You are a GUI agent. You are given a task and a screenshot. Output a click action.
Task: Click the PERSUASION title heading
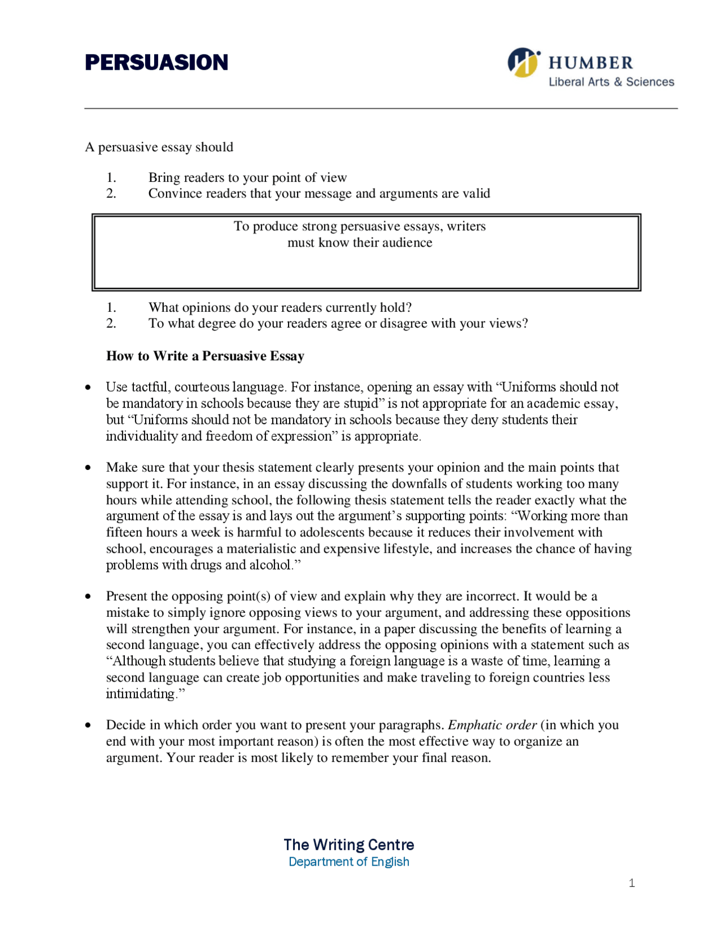156,62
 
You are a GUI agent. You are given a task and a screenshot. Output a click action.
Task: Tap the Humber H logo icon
523,62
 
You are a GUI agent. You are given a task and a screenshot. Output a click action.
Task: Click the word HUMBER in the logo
591,62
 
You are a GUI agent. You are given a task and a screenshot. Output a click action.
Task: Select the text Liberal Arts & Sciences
611,82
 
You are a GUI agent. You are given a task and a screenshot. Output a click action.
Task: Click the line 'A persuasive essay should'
159,147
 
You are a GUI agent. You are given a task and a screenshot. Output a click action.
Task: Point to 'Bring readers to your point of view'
247,177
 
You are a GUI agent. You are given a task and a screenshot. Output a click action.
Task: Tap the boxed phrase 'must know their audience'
360,243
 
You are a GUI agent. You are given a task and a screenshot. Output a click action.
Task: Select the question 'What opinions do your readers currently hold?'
280,307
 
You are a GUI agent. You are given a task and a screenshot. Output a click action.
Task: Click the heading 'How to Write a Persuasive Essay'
205,356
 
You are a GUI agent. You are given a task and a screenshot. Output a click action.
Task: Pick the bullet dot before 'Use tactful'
88,387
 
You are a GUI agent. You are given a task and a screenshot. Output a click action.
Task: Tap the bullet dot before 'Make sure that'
88,468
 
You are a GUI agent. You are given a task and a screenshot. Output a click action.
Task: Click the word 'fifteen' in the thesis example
124,532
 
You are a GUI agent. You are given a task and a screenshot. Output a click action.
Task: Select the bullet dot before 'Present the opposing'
88,597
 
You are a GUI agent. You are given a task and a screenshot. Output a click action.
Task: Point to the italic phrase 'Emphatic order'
492,725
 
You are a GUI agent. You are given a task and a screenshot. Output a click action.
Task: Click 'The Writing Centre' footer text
349,845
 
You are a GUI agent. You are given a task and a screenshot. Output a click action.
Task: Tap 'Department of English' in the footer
349,862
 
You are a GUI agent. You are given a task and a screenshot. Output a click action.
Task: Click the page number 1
632,883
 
